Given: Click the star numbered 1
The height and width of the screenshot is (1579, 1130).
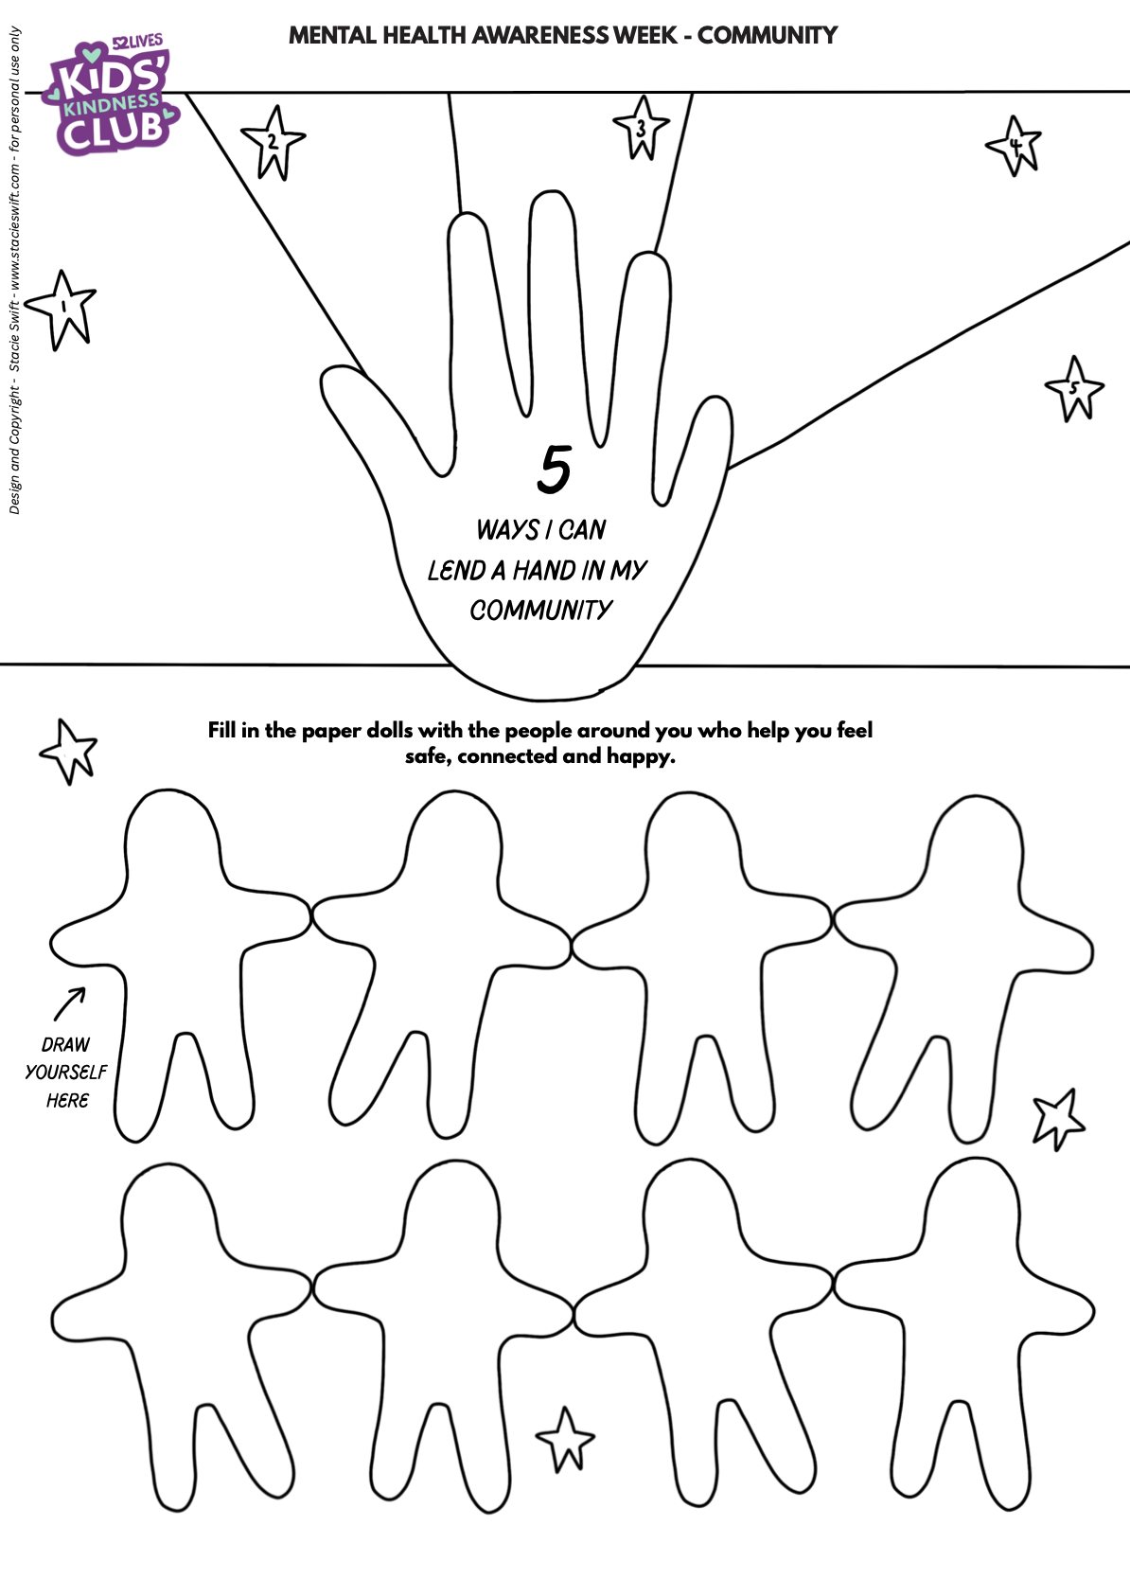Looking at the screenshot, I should click(x=62, y=307).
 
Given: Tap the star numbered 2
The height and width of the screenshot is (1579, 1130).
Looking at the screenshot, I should click(x=273, y=143).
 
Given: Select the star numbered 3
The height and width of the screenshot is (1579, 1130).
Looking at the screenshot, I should click(x=641, y=128).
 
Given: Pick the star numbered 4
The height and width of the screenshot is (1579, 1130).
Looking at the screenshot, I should click(x=1015, y=146).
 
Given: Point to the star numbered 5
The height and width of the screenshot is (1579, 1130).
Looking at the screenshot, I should click(x=1074, y=387).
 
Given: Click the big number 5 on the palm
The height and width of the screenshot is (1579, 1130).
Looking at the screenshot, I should click(x=555, y=469).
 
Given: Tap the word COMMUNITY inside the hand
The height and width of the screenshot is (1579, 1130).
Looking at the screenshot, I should click(x=541, y=611).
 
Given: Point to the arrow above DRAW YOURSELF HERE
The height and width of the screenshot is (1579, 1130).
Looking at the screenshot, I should click(x=69, y=1004).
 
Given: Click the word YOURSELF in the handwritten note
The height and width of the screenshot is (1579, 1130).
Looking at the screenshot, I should click(x=65, y=1072).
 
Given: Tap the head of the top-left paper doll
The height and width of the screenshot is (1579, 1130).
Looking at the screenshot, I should click(x=172, y=833).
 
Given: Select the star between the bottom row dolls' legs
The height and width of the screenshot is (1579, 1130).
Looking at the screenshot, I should click(x=566, y=1439).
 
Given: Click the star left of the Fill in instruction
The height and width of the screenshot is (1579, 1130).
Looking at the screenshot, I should click(x=69, y=750).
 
